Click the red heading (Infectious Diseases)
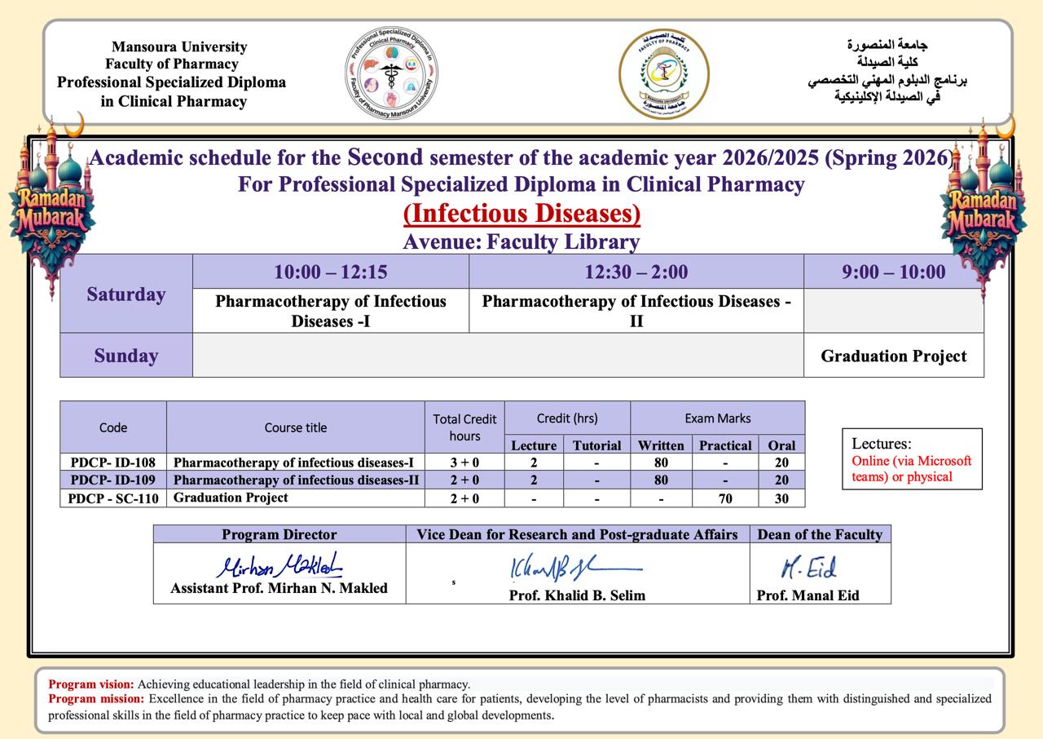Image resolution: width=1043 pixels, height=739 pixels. pyautogui.click(x=521, y=214)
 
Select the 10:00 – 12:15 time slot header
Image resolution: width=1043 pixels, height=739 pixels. pyautogui.click(x=330, y=272)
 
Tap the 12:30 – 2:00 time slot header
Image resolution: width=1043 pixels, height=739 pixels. pyautogui.click(x=636, y=272)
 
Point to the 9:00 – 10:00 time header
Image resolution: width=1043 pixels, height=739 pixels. pyautogui.click(x=893, y=272)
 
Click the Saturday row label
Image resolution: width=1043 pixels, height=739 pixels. pyautogui.click(x=126, y=294)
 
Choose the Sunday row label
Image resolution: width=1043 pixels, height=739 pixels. pyautogui.click(x=126, y=356)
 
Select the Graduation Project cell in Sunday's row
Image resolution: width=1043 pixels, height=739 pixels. pyautogui.click(x=893, y=356)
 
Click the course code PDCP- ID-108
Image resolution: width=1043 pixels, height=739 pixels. pyautogui.click(x=113, y=462)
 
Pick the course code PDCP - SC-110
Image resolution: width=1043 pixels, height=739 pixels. pyautogui.click(x=113, y=498)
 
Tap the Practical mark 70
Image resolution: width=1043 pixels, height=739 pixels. pyautogui.click(x=725, y=498)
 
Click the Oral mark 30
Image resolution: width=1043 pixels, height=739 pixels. pyautogui.click(x=781, y=498)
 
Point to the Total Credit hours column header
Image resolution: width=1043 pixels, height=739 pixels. pyautogui.click(x=464, y=427)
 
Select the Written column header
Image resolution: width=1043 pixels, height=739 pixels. pyautogui.click(x=661, y=445)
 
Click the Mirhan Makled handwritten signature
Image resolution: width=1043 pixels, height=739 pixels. pyautogui.click(x=279, y=565)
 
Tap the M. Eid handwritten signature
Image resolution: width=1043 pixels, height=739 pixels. pyautogui.click(x=808, y=568)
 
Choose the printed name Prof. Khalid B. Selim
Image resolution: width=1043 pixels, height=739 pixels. pyautogui.click(x=577, y=595)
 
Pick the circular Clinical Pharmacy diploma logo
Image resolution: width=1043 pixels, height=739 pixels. pyautogui.click(x=392, y=74)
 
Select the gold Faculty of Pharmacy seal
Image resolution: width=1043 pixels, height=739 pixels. pyautogui.click(x=663, y=74)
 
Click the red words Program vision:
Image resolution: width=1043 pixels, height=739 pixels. pyautogui.click(x=92, y=684)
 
